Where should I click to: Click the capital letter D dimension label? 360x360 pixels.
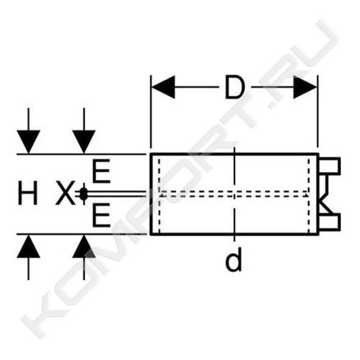[234, 86]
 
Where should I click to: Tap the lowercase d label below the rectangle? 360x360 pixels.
[233, 259]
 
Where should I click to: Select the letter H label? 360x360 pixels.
[27, 193]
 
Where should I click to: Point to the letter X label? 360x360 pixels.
[65, 193]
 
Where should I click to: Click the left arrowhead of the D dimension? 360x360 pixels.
[163, 87]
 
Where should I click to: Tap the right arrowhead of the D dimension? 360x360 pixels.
[305, 87]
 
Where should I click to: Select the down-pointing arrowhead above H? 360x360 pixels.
[29, 142]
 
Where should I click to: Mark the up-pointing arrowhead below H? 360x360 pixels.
[29, 246]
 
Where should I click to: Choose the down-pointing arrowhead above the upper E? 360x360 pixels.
[84, 142]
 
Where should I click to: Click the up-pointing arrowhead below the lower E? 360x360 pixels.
[84, 246]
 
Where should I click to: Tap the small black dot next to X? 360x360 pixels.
[83, 194]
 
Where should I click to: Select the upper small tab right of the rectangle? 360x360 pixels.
[329, 166]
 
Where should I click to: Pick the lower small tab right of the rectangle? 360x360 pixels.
[329, 222]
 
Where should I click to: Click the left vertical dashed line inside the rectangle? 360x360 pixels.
[159, 194]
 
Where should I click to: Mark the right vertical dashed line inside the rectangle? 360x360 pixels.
[309, 194]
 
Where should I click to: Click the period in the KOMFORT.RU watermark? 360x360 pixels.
[273, 106]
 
